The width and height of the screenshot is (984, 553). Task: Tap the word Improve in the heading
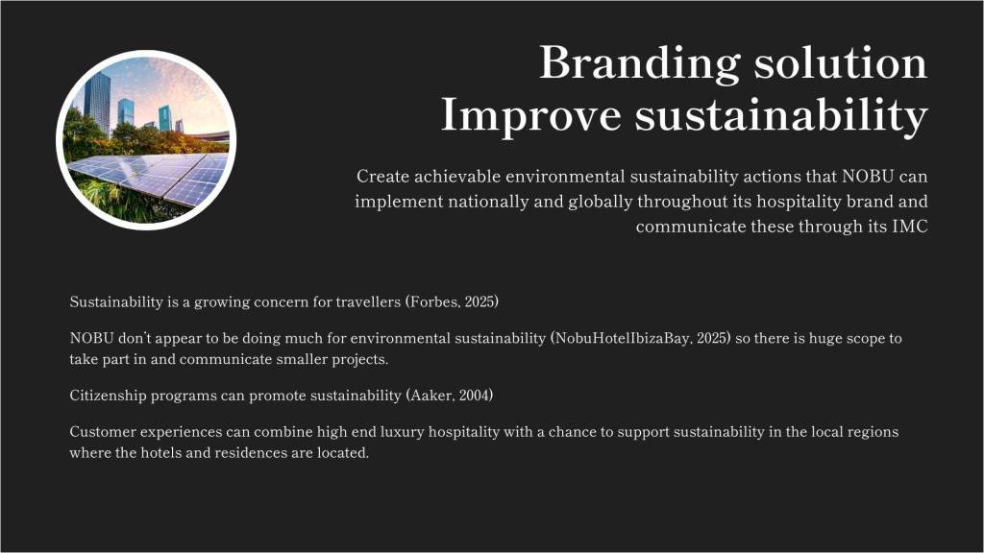pyautogui.click(x=530, y=116)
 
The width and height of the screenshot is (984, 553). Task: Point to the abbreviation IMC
pyautogui.click(x=909, y=227)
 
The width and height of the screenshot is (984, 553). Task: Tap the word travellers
pyautogui.click(x=368, y=301)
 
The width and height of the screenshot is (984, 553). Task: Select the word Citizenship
pyautogui.click(x=108, y=396)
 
